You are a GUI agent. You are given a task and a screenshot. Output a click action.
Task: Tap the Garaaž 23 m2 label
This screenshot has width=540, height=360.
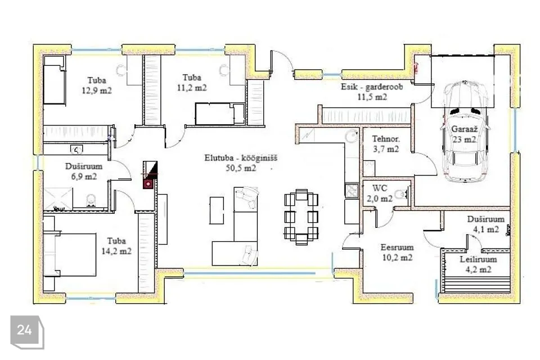click(464, 134)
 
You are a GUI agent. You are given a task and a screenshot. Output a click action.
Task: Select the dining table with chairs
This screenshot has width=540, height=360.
click(301, 217)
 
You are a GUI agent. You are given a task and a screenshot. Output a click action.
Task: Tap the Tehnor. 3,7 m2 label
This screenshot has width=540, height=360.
click(386, 144)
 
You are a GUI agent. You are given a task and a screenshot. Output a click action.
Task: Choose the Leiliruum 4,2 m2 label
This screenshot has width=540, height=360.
click(478, 264)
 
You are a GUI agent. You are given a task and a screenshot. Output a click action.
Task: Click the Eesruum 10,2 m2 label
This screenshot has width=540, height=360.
click(397, 252)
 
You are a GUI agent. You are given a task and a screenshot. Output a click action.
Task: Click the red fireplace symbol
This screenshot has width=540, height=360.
click(148, 184)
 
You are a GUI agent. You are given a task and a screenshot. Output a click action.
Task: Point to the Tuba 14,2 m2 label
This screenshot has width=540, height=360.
click(116, 246)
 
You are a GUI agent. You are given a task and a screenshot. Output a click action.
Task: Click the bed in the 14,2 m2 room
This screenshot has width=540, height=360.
click(70, 254)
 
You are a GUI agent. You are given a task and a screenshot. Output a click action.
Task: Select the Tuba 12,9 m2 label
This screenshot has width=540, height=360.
click(97, 85)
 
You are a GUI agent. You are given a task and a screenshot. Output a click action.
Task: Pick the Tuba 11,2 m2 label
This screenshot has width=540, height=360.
click(192, 82)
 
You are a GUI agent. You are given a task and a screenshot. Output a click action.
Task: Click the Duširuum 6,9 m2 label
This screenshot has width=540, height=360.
click(84, 171)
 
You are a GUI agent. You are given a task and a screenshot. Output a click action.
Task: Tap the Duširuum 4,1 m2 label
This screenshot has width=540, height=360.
click(485, 224)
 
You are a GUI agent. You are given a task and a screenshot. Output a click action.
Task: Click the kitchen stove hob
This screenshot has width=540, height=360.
click(352, 191)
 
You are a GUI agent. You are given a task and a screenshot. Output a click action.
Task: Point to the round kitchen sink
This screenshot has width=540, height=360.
click(352, 136)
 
